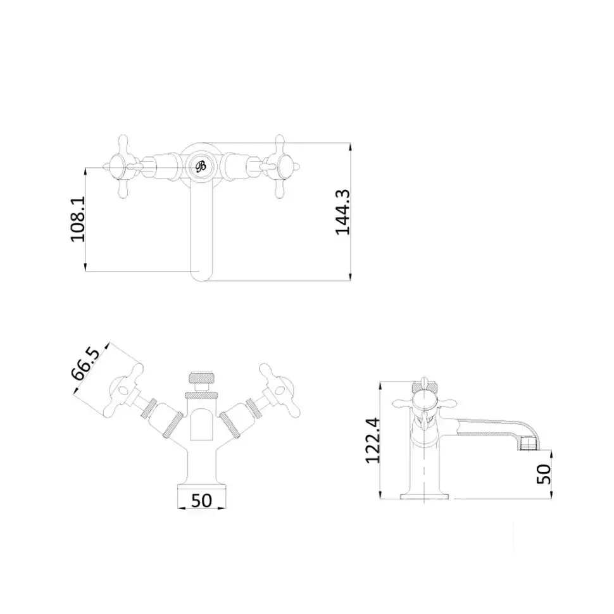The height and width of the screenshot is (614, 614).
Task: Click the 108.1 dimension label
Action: click(77, 219)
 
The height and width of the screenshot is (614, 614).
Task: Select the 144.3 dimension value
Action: click(342, 212)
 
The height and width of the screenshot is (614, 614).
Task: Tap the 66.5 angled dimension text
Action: click(85, 363)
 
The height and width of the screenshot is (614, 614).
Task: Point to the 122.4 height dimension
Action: click(372, 441)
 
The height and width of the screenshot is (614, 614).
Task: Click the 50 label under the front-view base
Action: click(202, 501)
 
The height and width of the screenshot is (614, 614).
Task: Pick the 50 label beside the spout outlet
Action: click(544, 474)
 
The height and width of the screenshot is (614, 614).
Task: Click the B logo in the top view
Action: click(201, 166)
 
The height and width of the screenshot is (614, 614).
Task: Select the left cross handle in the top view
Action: click(123, 167)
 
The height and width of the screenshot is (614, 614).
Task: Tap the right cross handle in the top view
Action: click(280, 167)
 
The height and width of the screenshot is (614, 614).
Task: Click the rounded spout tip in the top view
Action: click(201, 274)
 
